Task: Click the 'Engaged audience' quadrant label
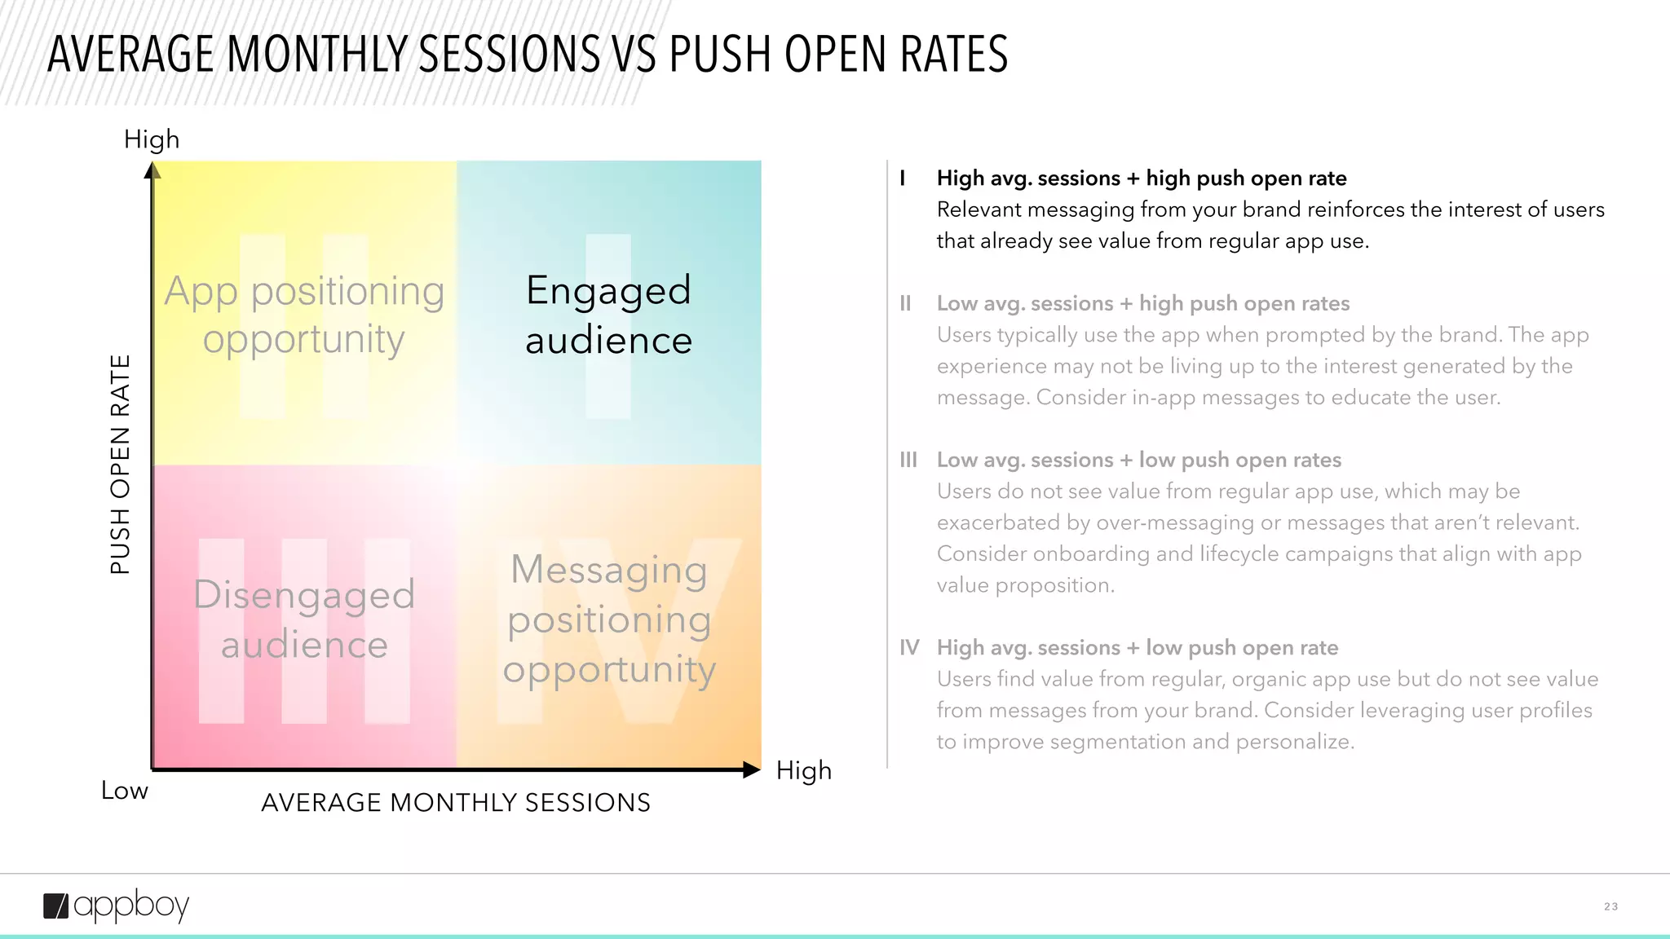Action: [608, 315]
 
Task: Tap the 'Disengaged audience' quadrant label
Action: [304, 619]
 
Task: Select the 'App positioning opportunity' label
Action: [304, 315]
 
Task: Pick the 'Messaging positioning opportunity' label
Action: [608, 619]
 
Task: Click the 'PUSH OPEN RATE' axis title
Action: [121, 465]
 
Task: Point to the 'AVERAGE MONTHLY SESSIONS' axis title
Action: [456, 803]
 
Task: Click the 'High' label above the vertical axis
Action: [152, 139]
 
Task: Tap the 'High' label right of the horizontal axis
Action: [803, 770]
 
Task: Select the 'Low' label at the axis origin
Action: [125, 791]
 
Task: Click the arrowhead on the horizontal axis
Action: [752, 769]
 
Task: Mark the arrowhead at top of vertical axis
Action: [152, 170]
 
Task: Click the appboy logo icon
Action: [56, 906]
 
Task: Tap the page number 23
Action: [1610, 906]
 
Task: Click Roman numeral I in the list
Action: [903, 179]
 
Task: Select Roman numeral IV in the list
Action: [909, 648]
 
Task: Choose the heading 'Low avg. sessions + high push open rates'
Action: [1142, 304]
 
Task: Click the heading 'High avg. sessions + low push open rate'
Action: [1137, 648]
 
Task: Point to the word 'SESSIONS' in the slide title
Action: [510, 55]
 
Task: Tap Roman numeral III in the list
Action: [908, 461]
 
